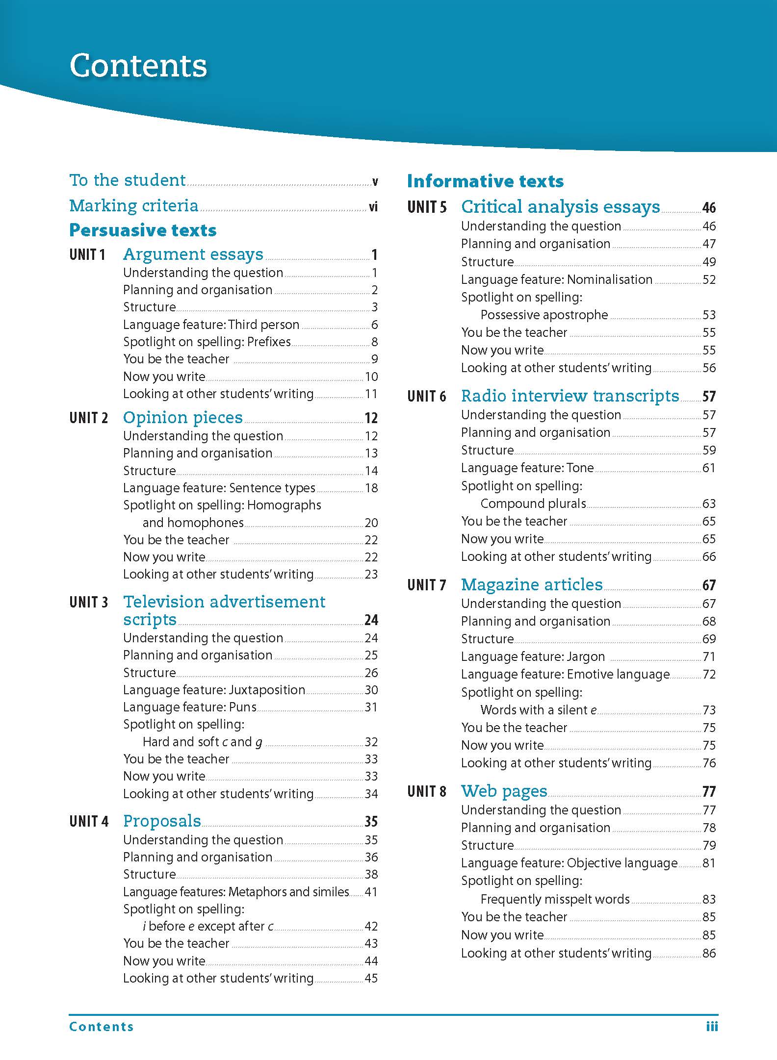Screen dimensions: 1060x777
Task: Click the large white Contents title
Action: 138,66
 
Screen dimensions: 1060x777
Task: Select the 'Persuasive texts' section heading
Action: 143,230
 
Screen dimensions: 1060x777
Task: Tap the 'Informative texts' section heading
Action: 485,181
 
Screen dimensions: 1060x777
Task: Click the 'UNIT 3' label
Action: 88,602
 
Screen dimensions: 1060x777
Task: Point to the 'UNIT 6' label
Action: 426,396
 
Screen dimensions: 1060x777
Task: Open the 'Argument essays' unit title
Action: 193,254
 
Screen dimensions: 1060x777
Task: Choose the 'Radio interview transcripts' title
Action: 570,396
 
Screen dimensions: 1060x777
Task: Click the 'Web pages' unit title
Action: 504,791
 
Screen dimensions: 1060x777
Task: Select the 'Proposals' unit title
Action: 162,821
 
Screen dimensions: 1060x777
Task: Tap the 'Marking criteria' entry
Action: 134,205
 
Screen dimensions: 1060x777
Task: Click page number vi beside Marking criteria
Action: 373,207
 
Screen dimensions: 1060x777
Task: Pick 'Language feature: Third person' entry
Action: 211,325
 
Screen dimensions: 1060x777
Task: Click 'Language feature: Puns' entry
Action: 190,707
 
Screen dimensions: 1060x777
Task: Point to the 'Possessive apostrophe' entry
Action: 544,315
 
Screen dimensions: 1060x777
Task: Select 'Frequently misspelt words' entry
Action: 555,899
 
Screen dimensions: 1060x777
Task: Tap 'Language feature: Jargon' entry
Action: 533,656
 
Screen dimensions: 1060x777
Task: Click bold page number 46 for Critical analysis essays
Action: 709,208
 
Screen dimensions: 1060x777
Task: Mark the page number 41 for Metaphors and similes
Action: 371,892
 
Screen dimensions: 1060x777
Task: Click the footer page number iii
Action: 712,1026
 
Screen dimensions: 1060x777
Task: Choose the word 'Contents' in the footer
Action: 102,1027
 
